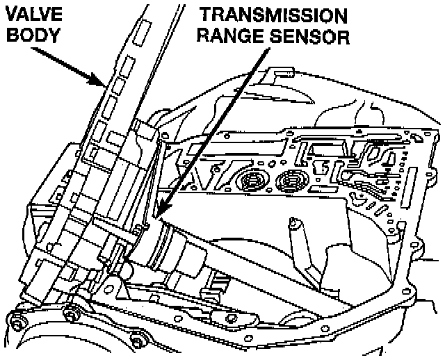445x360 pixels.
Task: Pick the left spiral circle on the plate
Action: click(250, 182)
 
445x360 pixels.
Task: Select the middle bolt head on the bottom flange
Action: click(70, 317)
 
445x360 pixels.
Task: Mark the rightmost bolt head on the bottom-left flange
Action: click(136, 341)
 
